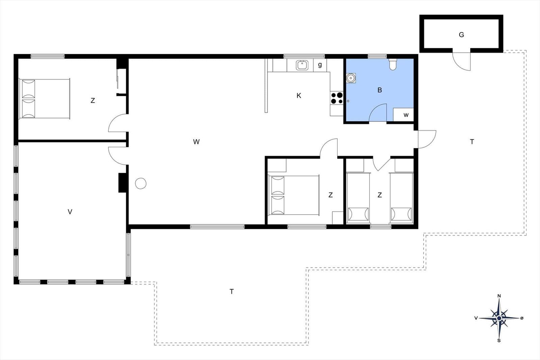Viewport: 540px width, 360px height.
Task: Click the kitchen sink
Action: pyautogui.click(x=302, y=65)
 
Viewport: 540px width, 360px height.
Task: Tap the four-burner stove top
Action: pyautogui.click(x=337, y=98)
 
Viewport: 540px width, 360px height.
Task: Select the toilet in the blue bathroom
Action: pyautogui.click(x=393, y=64)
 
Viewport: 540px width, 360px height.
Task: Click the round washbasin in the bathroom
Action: pyautogui.click(x=351, y=78)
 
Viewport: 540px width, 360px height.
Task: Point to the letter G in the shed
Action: pyautogui.click(x=461, y=35)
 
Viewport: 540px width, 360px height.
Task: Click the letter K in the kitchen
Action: pyautogui.click(x=299, y=96)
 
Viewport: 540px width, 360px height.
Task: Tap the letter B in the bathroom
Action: pyautogui.click(x=380, y=90)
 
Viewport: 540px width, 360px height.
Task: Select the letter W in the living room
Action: pyautogui.click(x=196, y=142)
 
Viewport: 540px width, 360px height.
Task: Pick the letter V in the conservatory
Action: pyautogui.click(x=70, y=212)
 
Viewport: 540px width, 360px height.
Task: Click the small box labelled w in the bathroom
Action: pyautogui.click(x=403, y=115)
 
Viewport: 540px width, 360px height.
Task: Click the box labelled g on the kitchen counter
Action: pyautogui.click(x=320, y=65)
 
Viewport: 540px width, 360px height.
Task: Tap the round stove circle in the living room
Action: pyautogui.click(x=140, y=183)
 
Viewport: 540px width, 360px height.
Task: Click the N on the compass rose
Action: pyautogui.click(x=499, y=296)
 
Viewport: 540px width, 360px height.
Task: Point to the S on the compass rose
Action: pyautogui.click(x=499, y=340)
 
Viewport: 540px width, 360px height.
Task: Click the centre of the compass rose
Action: pyautogui.click(x=499, y=318)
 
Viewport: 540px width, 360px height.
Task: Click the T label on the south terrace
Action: pyautogui.click(x=232, y=292)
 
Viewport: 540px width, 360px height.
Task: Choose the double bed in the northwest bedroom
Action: pyautogui.click(x=45, y=99)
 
